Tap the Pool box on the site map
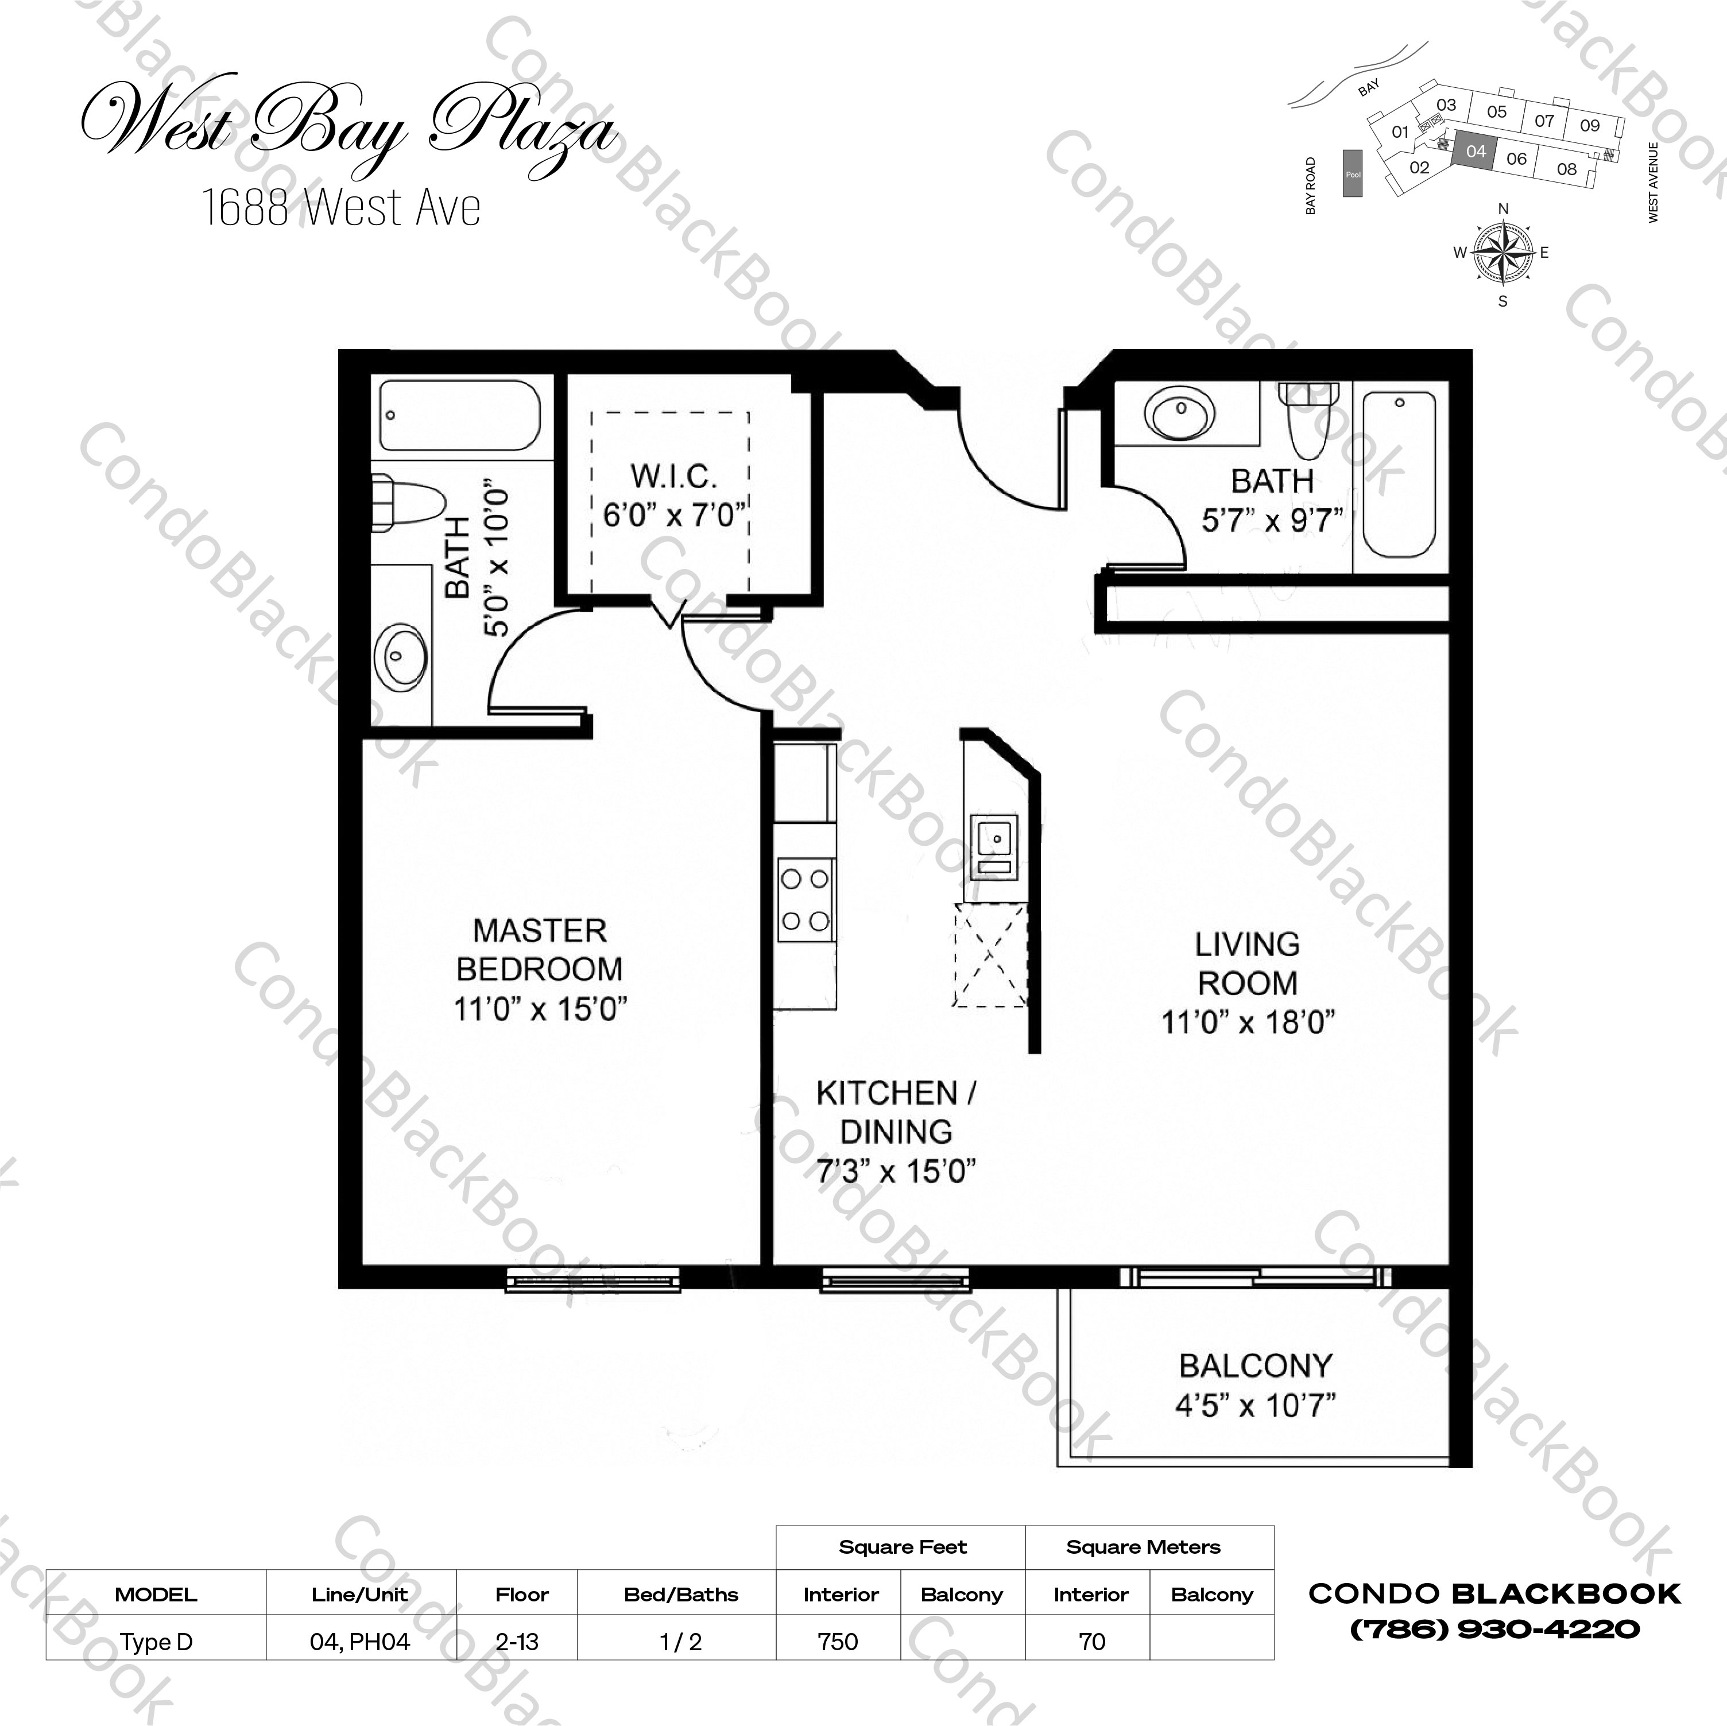click(x=1353, y=175)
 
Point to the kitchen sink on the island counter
click(x=994, y=839)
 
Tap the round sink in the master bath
click(x=400, y=656)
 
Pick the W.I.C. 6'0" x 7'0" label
click(x=674, y=496)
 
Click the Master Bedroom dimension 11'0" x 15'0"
click(x=540, y=1009)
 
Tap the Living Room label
click(x=1247, y=963)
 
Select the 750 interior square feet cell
click(x=838, y=1641)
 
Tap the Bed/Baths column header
click(x=681, y=1595)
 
